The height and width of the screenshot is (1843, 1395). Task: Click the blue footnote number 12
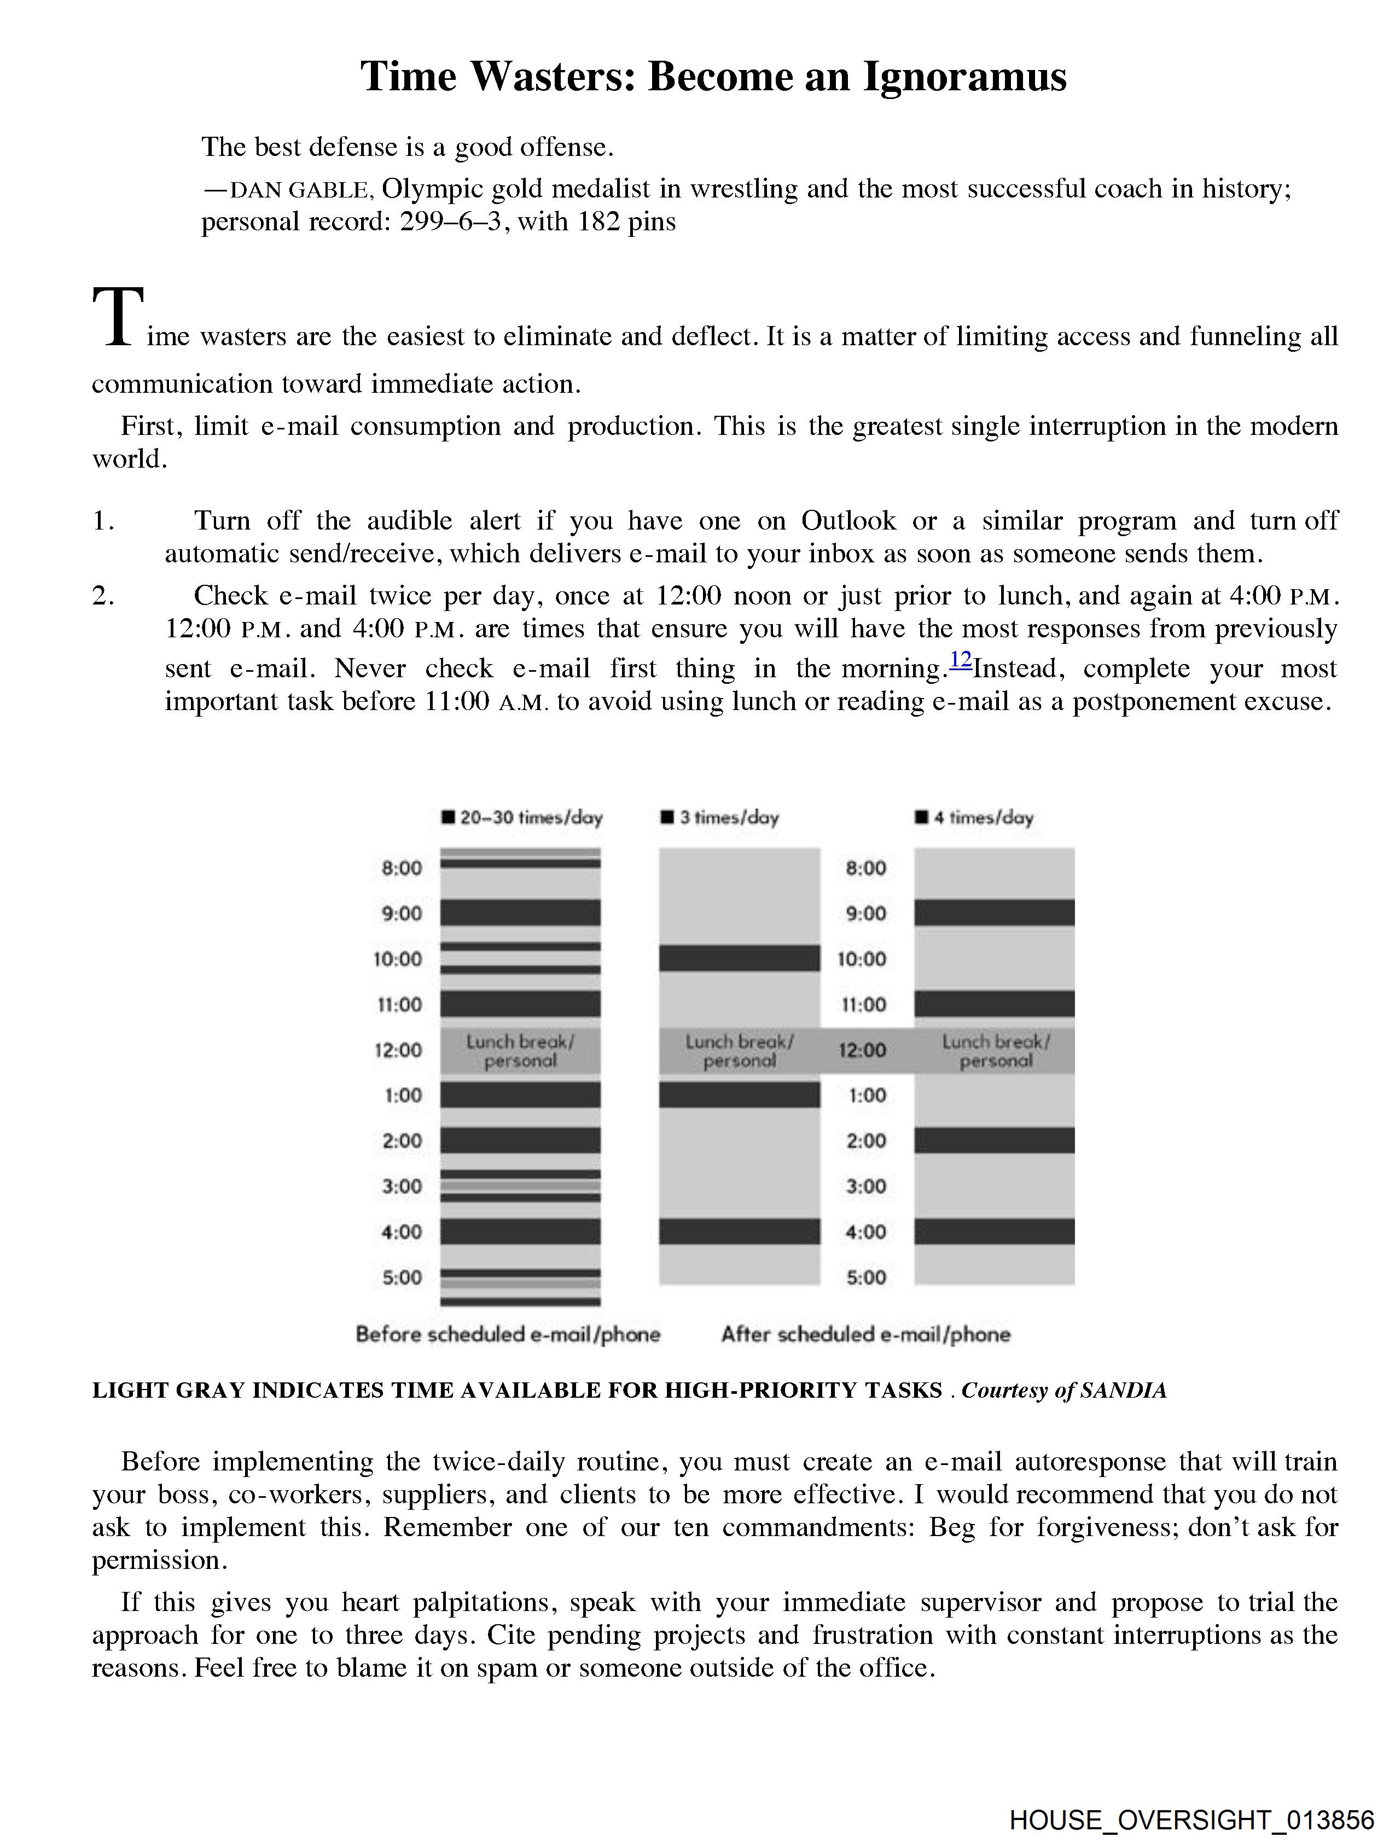point(961,660)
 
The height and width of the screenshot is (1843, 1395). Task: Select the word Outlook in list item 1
point(848,521)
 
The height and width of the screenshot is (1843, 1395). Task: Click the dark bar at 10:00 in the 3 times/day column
point(739,958)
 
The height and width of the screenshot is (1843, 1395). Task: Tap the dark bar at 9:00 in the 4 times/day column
point(994,912)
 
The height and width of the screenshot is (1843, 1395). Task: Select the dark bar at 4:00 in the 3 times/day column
point(739,1231)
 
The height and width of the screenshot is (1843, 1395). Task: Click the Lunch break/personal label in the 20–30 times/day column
point(520,1051)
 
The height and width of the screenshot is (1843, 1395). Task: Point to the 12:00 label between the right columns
point(863,1050)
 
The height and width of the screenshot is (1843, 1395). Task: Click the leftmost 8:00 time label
point(402,868)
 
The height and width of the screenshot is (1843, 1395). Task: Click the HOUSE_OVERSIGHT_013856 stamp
point(1191,1819)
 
